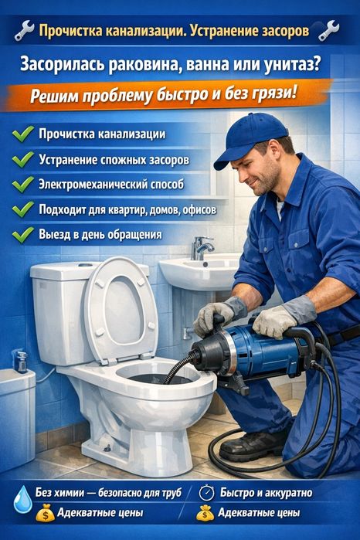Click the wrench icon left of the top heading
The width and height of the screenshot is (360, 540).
click(x=25, y=30)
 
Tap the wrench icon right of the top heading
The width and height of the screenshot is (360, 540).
click(x=329, y=30)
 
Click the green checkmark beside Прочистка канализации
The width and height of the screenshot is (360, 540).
click(x=23, y=134)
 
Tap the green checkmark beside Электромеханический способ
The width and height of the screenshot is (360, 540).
click(x=23, y=184)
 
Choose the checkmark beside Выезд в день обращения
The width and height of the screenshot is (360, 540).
click(x=23, y=235)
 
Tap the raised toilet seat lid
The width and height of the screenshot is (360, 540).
click(x=121, y=310)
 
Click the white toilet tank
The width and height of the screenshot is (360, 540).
click(x=62, y=310)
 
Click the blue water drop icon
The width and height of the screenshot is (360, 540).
click(x=22, y=499)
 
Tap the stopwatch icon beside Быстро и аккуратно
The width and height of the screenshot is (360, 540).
click(x=206, y=492)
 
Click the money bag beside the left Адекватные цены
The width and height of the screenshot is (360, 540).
click(x=46, y=513)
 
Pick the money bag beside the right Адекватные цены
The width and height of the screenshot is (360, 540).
click(x=205, y=513)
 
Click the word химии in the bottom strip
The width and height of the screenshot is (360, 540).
click(x=70, y=493)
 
